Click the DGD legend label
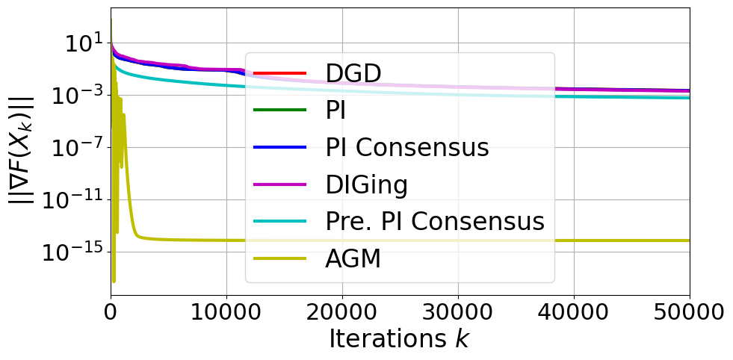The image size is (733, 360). pyautogui.click(x=353, y=73)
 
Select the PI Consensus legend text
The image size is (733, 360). pyautogui.click(x=407, y=147)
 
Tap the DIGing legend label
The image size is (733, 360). pyautogui.click(x=367, y=184)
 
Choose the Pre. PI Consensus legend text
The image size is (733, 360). pyautogui.click(x=434, y=222)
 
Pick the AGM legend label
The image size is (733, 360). pyautogui.click(x=353, y=259)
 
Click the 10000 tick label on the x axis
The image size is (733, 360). pyautogui.click(x=226, y=311)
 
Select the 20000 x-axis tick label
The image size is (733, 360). pyautogui.click(x=342, y=311)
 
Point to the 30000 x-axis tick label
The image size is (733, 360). pyautogui.click(x=458, y=311)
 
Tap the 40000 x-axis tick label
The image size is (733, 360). pyautogui.click(x=574, y=311)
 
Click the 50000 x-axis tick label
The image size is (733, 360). pyautogui.click(x=689, y=311)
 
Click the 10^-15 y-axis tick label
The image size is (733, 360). pyautogui.click(x=75, y=252)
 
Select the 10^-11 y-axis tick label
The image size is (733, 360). pyautogui.click(x=75, y=199)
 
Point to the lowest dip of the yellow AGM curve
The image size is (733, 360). pyautogui.click(x=114, y=281)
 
